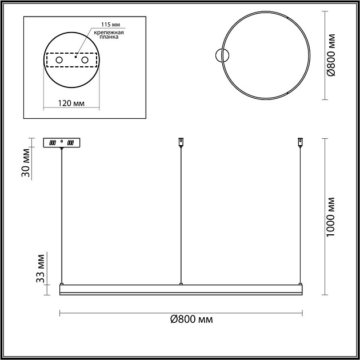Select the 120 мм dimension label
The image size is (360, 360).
pyautogui.click(x=72, y=103)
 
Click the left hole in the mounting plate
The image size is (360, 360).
pyautogui.click(x=58, y=59)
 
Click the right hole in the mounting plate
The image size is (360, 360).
pyautogui.click(x=85, y=59)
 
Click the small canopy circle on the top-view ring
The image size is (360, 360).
pyautogui.click(x=222, y=55)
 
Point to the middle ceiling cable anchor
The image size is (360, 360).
pyautogui.click(x=181, y=141)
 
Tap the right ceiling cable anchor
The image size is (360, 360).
pyautogui.click(x=299, y=141)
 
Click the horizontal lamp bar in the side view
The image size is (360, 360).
pyautogui.click(x=181, y=290)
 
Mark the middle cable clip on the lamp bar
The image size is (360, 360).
pyautogui.click(x=181, y=283)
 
